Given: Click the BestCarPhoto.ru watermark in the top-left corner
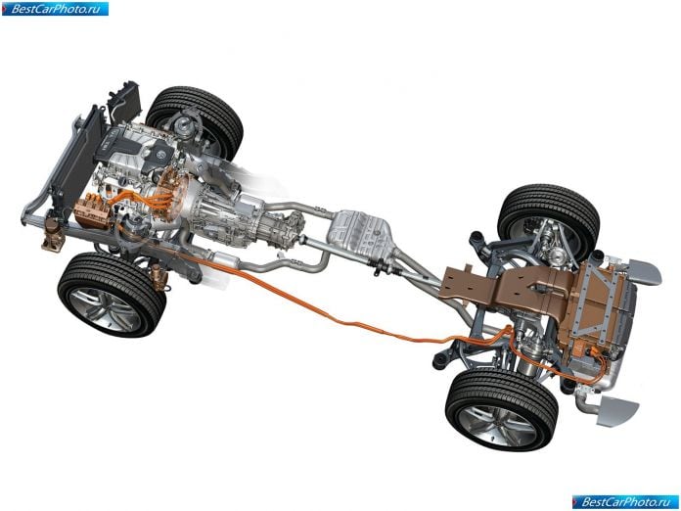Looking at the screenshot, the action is [x=55, y=9].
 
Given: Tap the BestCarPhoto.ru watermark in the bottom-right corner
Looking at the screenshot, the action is [x=626, y=502].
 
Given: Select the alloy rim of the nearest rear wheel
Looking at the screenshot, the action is [x=497, y=426].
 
